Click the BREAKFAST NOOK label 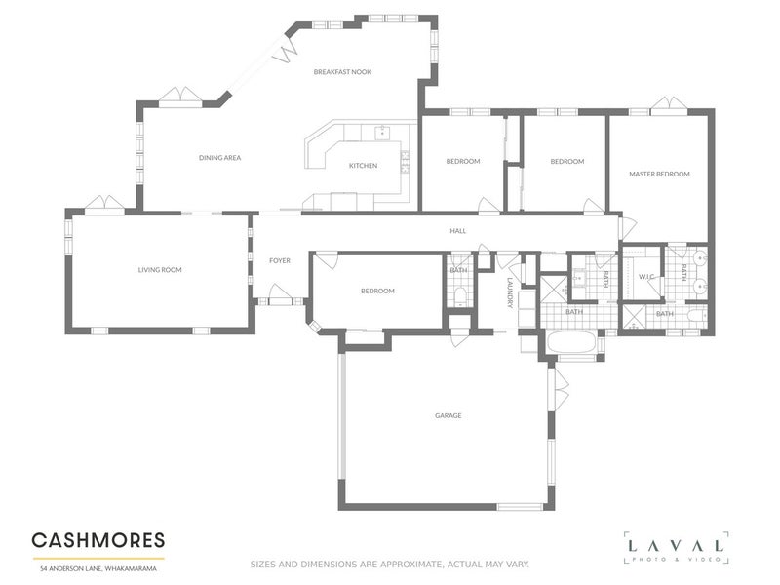[342, 72]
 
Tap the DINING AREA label [219, 157]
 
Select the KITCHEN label [363, 166]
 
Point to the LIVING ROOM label [160, 270]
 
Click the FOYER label [280, 260]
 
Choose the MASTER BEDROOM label [659, 174]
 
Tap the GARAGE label [448, 416]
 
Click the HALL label [457, 231]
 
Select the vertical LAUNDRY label [509, 293]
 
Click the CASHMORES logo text [97, 540]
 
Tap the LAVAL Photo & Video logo [676, 548]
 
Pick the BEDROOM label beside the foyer [377, 291]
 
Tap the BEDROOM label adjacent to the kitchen [463, 161]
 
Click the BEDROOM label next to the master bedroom [566, 161]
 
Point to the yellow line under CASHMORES [97, 558]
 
